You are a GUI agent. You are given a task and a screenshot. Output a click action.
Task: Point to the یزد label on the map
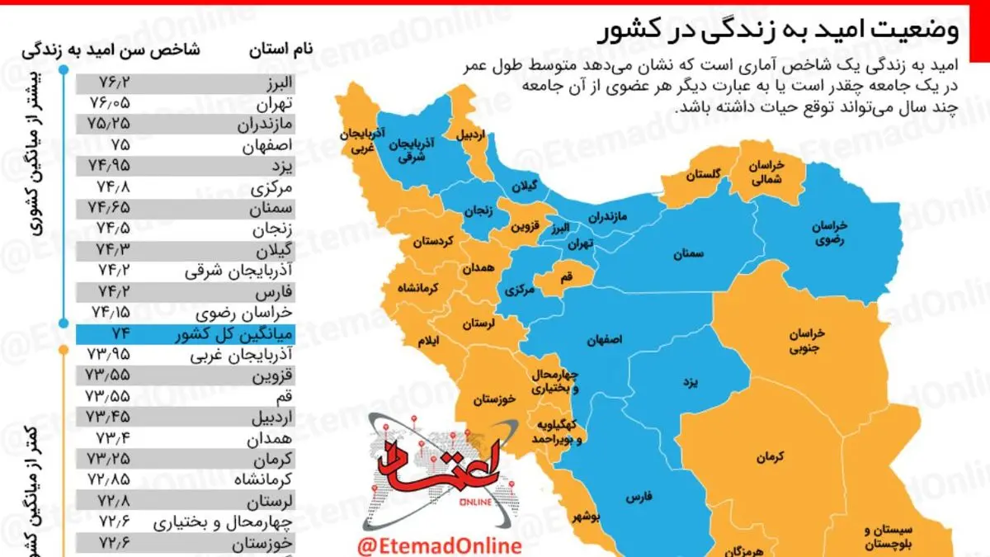click(x=690, y=384)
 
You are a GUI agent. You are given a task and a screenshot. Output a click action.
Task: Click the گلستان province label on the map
click(x=703, y=175)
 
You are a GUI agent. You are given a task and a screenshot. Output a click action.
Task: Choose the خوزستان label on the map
click(x=495, y=399)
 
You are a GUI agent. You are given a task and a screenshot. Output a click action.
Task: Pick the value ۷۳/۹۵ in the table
click(x=107, y=356)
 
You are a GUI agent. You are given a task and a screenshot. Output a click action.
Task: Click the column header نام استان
click(x=280, y=49)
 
